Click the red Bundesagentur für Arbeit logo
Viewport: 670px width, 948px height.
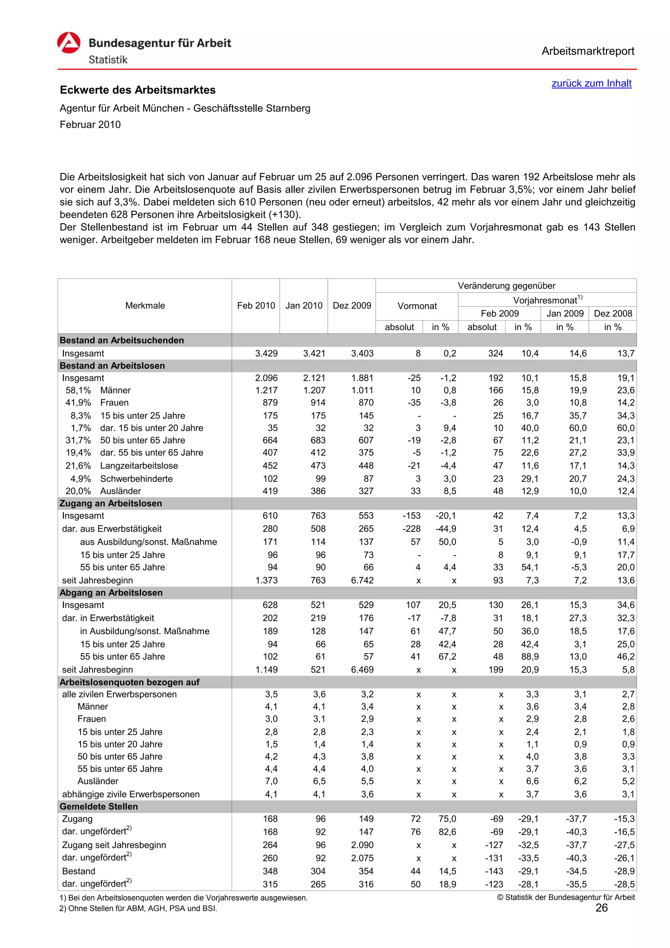click(68, 43)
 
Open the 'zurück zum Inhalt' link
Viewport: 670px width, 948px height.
click(591, 83)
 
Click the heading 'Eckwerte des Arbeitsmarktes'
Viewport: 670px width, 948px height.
click(137, 90)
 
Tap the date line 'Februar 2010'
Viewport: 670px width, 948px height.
click(90, 125)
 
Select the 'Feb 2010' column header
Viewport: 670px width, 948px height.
click(256, 306)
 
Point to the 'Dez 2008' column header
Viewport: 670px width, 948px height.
click(613, 313)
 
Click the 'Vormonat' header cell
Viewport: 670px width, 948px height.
click(416, 306)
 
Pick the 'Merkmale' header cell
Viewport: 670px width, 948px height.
click(145, 306)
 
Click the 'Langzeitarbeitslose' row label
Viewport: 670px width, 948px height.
click(139, 466)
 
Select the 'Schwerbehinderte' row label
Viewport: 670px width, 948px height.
click(136, 479)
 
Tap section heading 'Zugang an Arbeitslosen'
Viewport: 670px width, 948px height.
click(111, 503)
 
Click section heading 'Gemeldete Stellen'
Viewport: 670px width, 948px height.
click(99, 806)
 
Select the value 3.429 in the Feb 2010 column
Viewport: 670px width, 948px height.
click(266, 353)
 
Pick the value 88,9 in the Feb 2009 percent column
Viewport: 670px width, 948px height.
click(530, 657)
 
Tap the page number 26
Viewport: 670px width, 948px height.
click(602, 908)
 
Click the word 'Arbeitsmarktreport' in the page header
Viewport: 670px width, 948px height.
click(588, 51)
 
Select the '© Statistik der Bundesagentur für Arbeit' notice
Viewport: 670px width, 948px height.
click(566, 897)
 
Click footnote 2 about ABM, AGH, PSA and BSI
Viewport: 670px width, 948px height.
click(138, 908)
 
